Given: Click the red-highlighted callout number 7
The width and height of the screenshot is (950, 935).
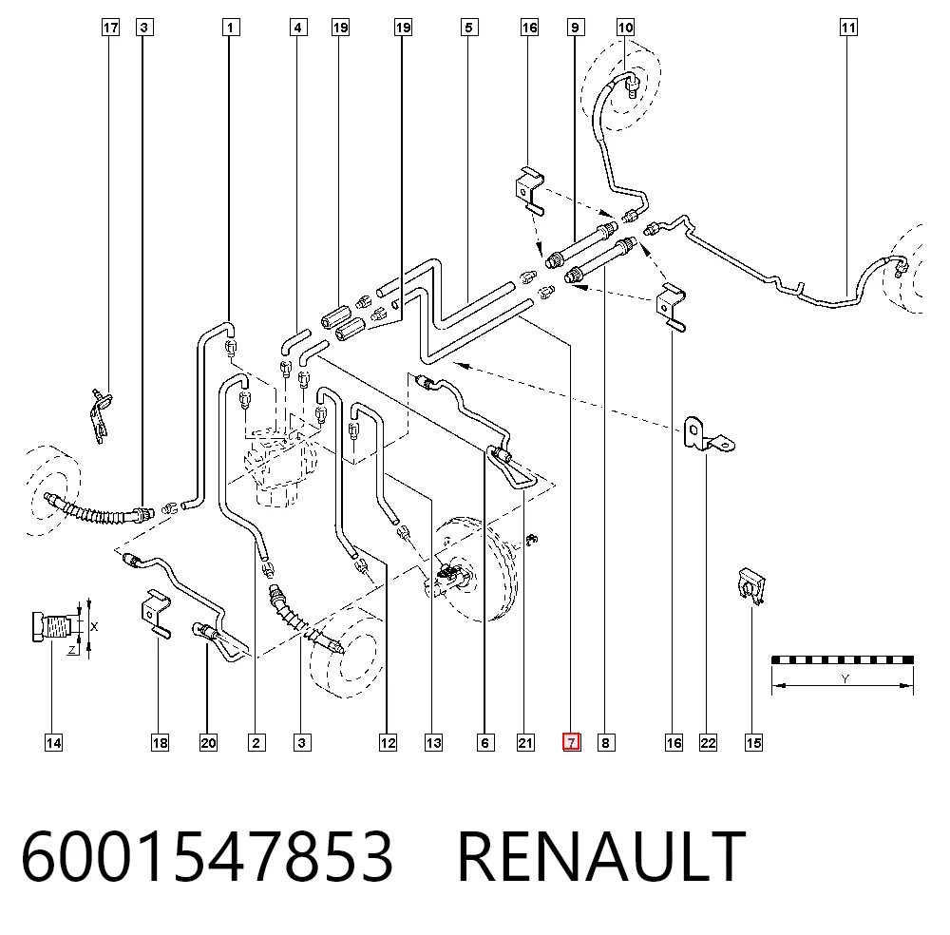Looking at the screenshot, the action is [x=571, y=742].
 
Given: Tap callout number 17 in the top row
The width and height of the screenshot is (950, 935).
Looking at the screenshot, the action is [x=110, y=28].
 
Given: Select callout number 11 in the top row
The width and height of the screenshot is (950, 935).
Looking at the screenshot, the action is [x=848, y=28].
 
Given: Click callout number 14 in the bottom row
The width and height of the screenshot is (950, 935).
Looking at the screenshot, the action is [x=53, y=743].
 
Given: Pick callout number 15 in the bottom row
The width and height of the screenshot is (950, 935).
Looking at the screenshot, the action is [x=753, y=743].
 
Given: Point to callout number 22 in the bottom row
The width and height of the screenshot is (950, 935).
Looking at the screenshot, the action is [x=708, y=743].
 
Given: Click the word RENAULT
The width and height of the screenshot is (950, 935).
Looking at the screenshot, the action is [x=601, y=856].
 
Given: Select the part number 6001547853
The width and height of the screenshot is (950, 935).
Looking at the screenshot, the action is [x=207, y=856].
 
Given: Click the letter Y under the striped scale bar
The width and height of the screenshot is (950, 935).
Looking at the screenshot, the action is [x=845, y=678].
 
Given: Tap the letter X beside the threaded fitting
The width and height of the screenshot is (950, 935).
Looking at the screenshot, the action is [x=94, y=626].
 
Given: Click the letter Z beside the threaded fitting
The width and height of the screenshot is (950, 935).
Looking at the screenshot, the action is [x=72, y=650].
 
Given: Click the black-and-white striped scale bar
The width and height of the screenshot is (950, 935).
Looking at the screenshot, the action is [x=842, y=659].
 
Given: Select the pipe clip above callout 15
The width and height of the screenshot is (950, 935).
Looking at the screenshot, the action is [x=751, y=586].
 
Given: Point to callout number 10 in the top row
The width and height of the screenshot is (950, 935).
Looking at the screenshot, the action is [x=625, y=28].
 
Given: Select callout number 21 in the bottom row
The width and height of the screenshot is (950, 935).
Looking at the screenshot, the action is [x=525, y=743].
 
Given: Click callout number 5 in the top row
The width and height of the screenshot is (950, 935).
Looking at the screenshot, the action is [x=468, y=28].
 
